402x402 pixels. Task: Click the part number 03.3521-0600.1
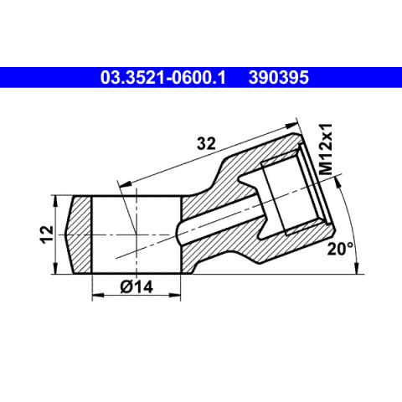[163, 77]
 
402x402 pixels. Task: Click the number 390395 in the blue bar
[279, 77]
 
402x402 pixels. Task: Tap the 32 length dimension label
[206, 144]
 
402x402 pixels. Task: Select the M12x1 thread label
[326, 149]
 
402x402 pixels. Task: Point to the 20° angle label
[340, 249]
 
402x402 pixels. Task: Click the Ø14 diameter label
[137, 286]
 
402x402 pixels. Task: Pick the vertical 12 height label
[48, 234]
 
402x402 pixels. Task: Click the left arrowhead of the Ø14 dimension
[98, 295]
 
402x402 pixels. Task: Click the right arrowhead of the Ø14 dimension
[175, 295]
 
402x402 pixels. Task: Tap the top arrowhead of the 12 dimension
[55, 202]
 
